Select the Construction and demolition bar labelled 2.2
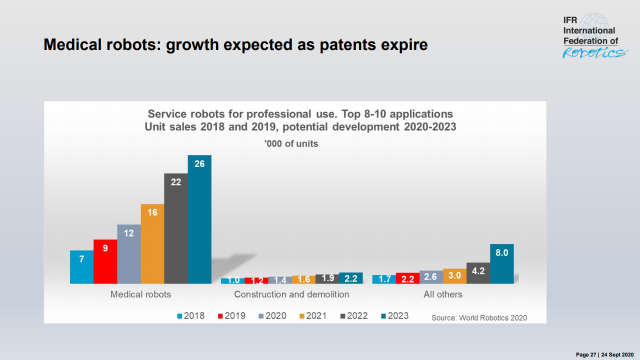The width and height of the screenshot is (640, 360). (351, 278)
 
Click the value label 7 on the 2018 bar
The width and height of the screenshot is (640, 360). (81, 259)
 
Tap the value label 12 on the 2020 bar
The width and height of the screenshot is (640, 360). (129, 232)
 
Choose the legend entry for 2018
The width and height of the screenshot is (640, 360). (190, 316)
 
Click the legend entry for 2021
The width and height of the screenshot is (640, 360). (312, 316)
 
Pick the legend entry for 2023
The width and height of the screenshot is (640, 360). (394, 316)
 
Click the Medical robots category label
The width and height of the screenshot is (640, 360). (140, 294)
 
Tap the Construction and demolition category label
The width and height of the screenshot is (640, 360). (291, 294)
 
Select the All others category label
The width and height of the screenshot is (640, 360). (443, 294)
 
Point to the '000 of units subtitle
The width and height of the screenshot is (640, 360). (291, 143)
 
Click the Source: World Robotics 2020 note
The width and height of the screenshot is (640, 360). (479, 317)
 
